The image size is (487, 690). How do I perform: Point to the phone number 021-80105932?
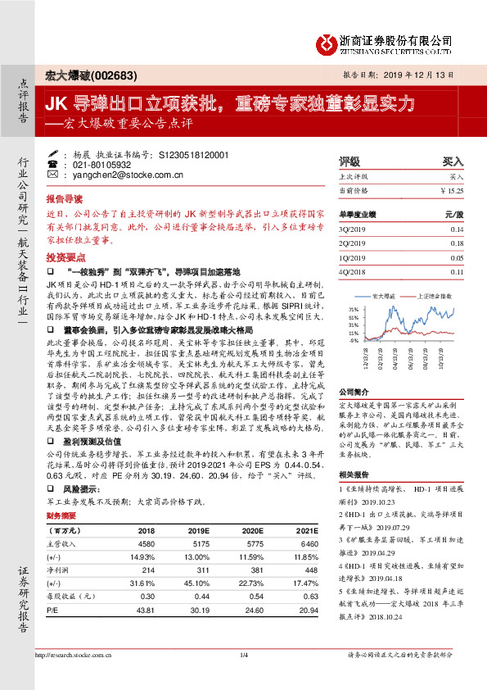97,165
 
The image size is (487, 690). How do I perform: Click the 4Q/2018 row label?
351,271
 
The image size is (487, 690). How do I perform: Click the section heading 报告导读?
64,199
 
